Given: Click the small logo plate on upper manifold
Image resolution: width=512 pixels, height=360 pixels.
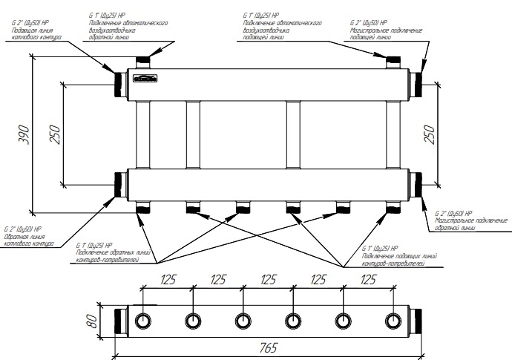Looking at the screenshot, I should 145,77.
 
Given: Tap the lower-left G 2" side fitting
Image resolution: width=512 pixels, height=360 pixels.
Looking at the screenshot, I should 119,184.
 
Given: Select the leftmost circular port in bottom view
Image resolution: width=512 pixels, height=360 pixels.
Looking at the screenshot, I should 142,321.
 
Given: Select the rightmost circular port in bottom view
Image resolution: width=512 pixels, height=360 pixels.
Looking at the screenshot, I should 393,321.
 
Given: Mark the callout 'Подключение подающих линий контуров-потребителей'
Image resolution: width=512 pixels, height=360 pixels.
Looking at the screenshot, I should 393,260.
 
